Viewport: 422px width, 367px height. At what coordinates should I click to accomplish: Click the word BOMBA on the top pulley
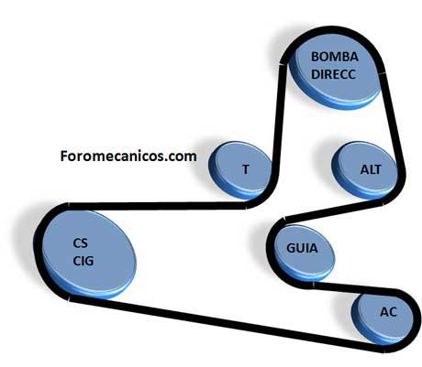(x=335, y=57)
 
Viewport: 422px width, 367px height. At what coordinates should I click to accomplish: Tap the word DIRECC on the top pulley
(x=333, y=74)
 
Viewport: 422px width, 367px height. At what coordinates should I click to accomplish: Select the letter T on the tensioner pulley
(x=246, y=169)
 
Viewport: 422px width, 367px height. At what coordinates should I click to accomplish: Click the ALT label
(x=371, y=169)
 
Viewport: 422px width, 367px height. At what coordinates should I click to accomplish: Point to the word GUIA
(x=302, y=248)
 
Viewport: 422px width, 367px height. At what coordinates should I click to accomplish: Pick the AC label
(x=388, y=312)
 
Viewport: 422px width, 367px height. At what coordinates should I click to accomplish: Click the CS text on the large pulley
(x=81, y=243)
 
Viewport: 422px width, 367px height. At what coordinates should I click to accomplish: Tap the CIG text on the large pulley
(x=83, y=261)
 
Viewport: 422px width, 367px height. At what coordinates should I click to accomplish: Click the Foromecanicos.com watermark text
(x=128, y=157)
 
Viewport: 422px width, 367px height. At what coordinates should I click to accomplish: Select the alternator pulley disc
(x=364, y=170)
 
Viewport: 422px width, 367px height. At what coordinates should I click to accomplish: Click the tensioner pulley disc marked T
(x=240, y=170)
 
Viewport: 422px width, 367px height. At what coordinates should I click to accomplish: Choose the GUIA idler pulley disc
(x=304, y=253)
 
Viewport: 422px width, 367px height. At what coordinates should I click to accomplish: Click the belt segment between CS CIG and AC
(x=227, y=324)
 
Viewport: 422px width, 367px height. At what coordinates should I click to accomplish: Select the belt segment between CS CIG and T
(x=158, y=206)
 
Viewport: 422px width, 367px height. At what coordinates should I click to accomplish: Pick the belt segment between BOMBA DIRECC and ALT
(x=392, y=121)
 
